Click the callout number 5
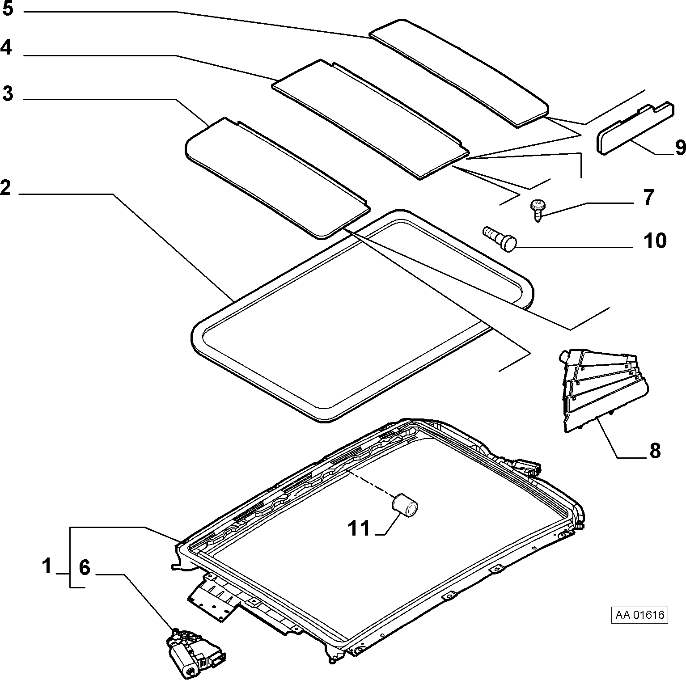(8, 9)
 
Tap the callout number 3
(8, 94)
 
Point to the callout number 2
(5, 187)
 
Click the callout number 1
(47, 566)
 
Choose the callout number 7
(648, 197)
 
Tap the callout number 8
(655, 451)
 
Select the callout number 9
(680, 147)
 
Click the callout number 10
(655, 241)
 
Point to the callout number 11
(359, 528)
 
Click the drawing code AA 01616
(640, 615)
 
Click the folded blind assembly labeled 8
(602, 390)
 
